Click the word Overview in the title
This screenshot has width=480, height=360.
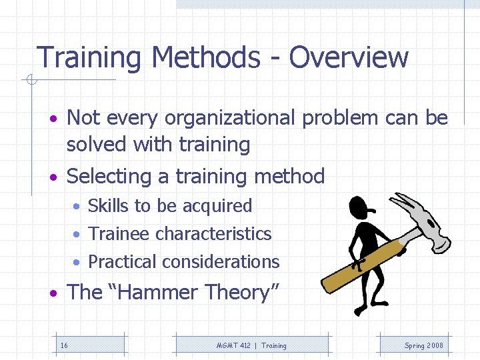pos(348,57)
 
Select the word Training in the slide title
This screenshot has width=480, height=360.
pos(88,58)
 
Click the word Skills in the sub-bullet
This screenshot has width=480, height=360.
pos(109,206)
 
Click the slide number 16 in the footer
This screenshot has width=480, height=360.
pos(64,345)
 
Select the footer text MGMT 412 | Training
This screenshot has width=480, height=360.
pos(251,345)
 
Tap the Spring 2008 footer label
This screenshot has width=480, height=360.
pos(423,345)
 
